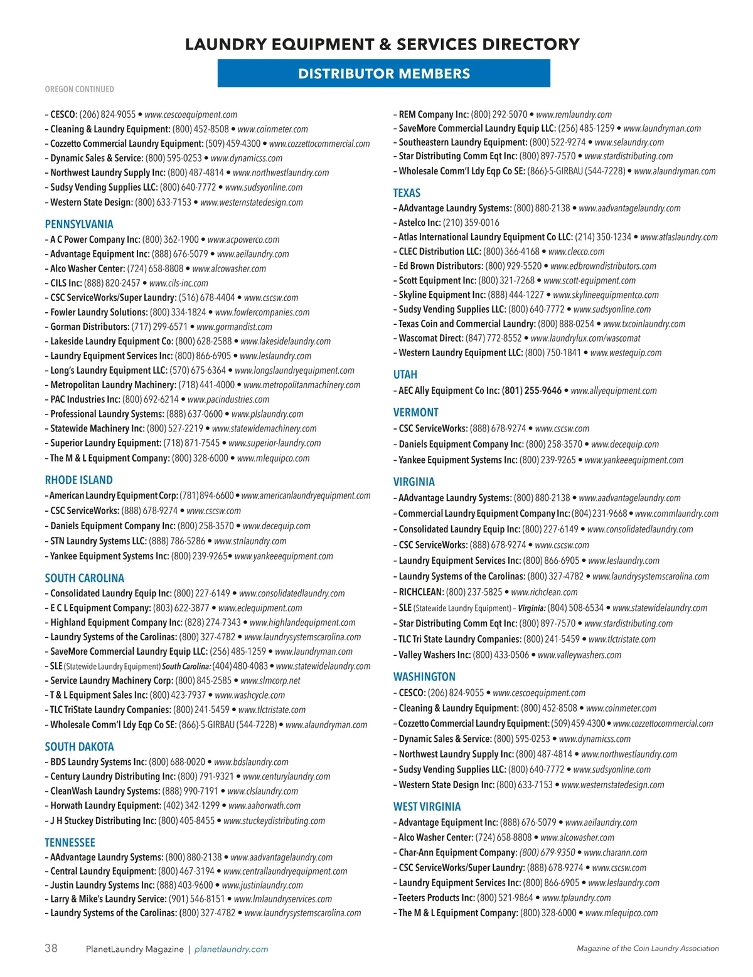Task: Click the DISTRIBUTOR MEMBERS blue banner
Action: (x=383, y=73)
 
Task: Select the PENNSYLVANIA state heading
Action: (x=79, y=224)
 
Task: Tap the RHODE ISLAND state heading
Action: (x=78, y=480)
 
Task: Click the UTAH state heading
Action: (x=405, y=374)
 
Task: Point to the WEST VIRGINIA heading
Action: (x=427, y=806)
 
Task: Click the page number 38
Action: (x=51, y=948)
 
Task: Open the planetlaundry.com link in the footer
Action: (x=231, y=949)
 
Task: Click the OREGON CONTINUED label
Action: (x=79, y=89)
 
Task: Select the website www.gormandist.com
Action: (x=234, y=327)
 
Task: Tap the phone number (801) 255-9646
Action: (x=531, y=391)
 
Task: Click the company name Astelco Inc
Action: (x=419, y=223)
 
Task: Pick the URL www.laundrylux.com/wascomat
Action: (x=585, y=338)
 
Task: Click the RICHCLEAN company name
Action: (x=421, y=592)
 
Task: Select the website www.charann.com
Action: (x=615, y=853)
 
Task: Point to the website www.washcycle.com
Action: (x=250, y=695)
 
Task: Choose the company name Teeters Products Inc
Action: (x=436, y=898)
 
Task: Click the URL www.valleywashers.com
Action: (x=579, y=655)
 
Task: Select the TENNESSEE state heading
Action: (x=70, y=842)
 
